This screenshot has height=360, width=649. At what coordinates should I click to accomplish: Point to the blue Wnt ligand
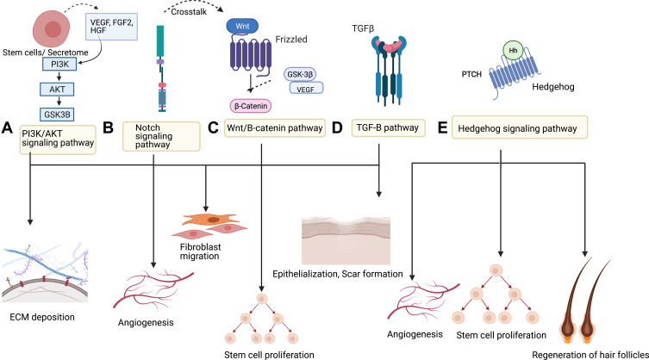tap(243, 27)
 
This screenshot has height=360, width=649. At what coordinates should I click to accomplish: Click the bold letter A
tap(8, 128)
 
